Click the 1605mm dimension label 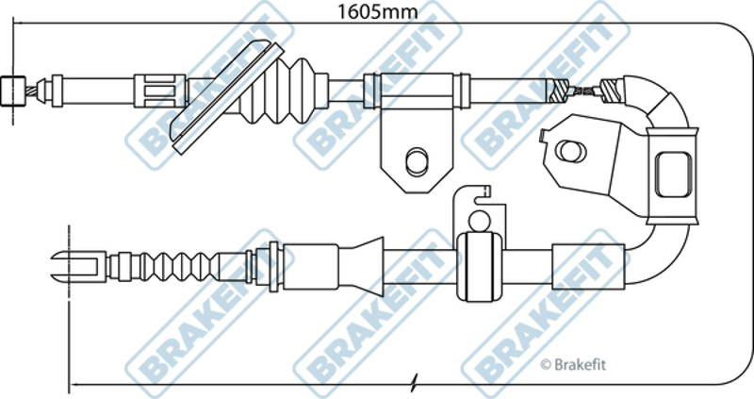coord(377,11)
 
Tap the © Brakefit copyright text coord(573,365)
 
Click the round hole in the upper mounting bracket coord(417,161)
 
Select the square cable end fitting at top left coord(13,91)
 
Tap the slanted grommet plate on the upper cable coord(227,97)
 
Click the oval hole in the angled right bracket coord(571,151)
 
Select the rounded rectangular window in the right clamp coord(674,175)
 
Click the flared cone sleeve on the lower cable coord(362,266)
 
